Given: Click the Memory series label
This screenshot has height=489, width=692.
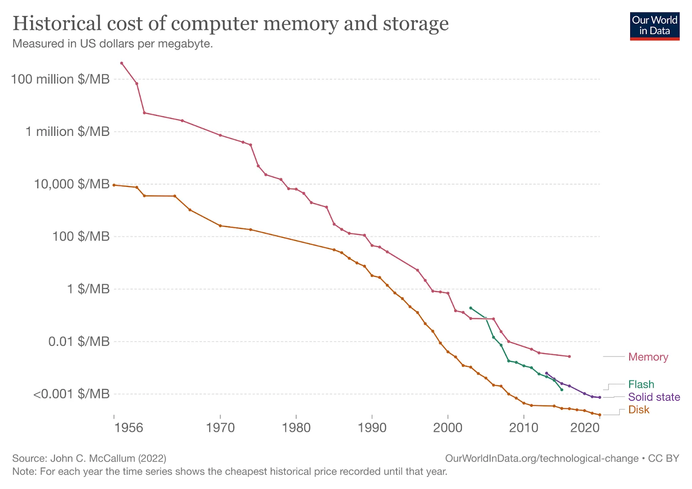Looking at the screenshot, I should pos(648,357).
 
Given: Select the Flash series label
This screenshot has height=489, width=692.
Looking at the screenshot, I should pos(641,384).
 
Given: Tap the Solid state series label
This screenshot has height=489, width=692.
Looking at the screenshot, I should pos(654,397).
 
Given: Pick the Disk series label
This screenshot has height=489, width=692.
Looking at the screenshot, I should pos(639,409).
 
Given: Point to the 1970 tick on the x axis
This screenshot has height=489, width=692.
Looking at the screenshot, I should pos(220,428).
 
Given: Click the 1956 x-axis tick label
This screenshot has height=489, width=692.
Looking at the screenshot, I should pos(129,428).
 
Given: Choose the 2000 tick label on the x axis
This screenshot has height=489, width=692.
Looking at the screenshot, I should pos(448,428).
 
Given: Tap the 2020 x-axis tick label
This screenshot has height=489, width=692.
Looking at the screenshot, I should pos(585,428).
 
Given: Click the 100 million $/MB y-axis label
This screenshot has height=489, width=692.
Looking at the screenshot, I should pos(60,79).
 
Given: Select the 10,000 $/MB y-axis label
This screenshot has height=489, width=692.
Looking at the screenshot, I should pos(72,184).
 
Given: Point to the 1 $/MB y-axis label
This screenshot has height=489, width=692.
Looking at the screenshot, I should pos(88,289).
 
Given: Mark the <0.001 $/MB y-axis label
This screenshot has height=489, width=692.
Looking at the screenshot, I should pos(71,394).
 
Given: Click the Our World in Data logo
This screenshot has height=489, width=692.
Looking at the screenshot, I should pos(654,26).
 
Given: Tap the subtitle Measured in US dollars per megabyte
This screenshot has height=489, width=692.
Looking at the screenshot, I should pos(112,44).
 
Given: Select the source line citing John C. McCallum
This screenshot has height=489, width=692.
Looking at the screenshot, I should pos(89,458).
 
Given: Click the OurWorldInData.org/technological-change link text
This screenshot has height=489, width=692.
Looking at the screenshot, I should pos(541,458).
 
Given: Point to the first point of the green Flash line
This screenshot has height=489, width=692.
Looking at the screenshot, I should pos(471,308).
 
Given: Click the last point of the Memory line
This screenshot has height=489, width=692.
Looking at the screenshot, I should pos(569,357).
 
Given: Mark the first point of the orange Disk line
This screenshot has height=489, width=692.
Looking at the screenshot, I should pos(114,185).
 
